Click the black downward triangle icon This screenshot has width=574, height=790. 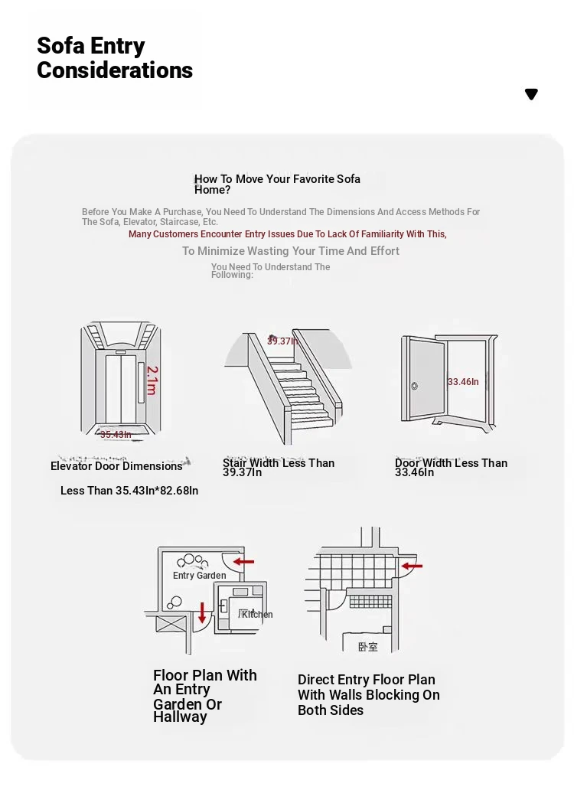coord(531,94)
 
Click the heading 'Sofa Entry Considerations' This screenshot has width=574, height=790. coord(115,58)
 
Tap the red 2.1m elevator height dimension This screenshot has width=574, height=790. coord(152,380)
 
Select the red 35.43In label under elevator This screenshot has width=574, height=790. coord(116,435)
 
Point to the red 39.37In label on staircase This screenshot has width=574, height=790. coord(282,341)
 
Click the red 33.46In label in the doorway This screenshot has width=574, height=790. coord(463,381)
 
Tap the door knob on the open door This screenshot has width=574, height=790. coord(414,386)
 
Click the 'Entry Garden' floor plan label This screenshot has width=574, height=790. coord(199,576)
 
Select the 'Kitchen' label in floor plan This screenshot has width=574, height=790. coord(256,614)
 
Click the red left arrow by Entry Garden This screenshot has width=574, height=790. coord(243,562)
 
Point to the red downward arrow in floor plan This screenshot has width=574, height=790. coord(202,612)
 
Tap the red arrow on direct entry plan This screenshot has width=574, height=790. coord(412,566)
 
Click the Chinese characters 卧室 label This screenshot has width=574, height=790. coord(368,647)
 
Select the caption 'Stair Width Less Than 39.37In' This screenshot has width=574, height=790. coord(279,467)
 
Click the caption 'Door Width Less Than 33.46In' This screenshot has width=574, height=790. coord(451,467)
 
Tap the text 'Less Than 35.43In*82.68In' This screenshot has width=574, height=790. coord(129,491)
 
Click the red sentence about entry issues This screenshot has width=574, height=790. coord(287,234)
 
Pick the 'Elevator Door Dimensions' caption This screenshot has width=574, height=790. coord(116,466)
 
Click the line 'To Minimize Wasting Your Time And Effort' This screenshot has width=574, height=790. coord(291,251)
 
